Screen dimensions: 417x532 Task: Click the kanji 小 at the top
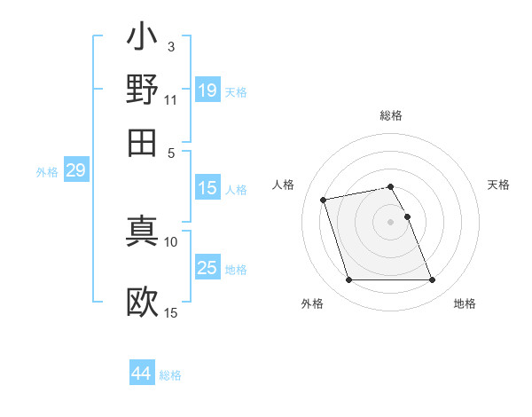[142, 39]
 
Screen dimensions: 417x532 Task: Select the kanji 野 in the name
[142, 89]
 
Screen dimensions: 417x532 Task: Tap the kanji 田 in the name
[142, 141]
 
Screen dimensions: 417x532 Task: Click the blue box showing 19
[207, 90]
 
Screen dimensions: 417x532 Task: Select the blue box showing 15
[207, 188]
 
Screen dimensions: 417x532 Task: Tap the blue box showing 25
[207, 268]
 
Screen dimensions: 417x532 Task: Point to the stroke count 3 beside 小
[171, 45]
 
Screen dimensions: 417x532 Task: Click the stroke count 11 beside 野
[171, 99]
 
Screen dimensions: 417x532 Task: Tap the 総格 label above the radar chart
[391, 115]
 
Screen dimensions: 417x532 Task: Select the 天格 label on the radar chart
[498, 185]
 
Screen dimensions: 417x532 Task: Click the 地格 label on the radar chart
[465, 303]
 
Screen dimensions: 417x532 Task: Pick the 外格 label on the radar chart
[312, 303]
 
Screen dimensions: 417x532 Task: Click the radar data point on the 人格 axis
[324, 200]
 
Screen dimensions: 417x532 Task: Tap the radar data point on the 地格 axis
[432, 280]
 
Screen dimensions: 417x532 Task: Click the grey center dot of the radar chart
[391, 222]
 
